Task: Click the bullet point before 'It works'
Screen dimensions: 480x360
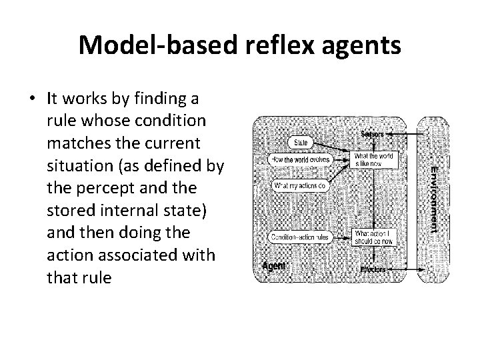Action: pos(32,99)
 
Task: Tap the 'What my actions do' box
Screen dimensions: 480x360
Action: pos(301,185)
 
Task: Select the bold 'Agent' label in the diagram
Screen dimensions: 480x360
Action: pos(274,266)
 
